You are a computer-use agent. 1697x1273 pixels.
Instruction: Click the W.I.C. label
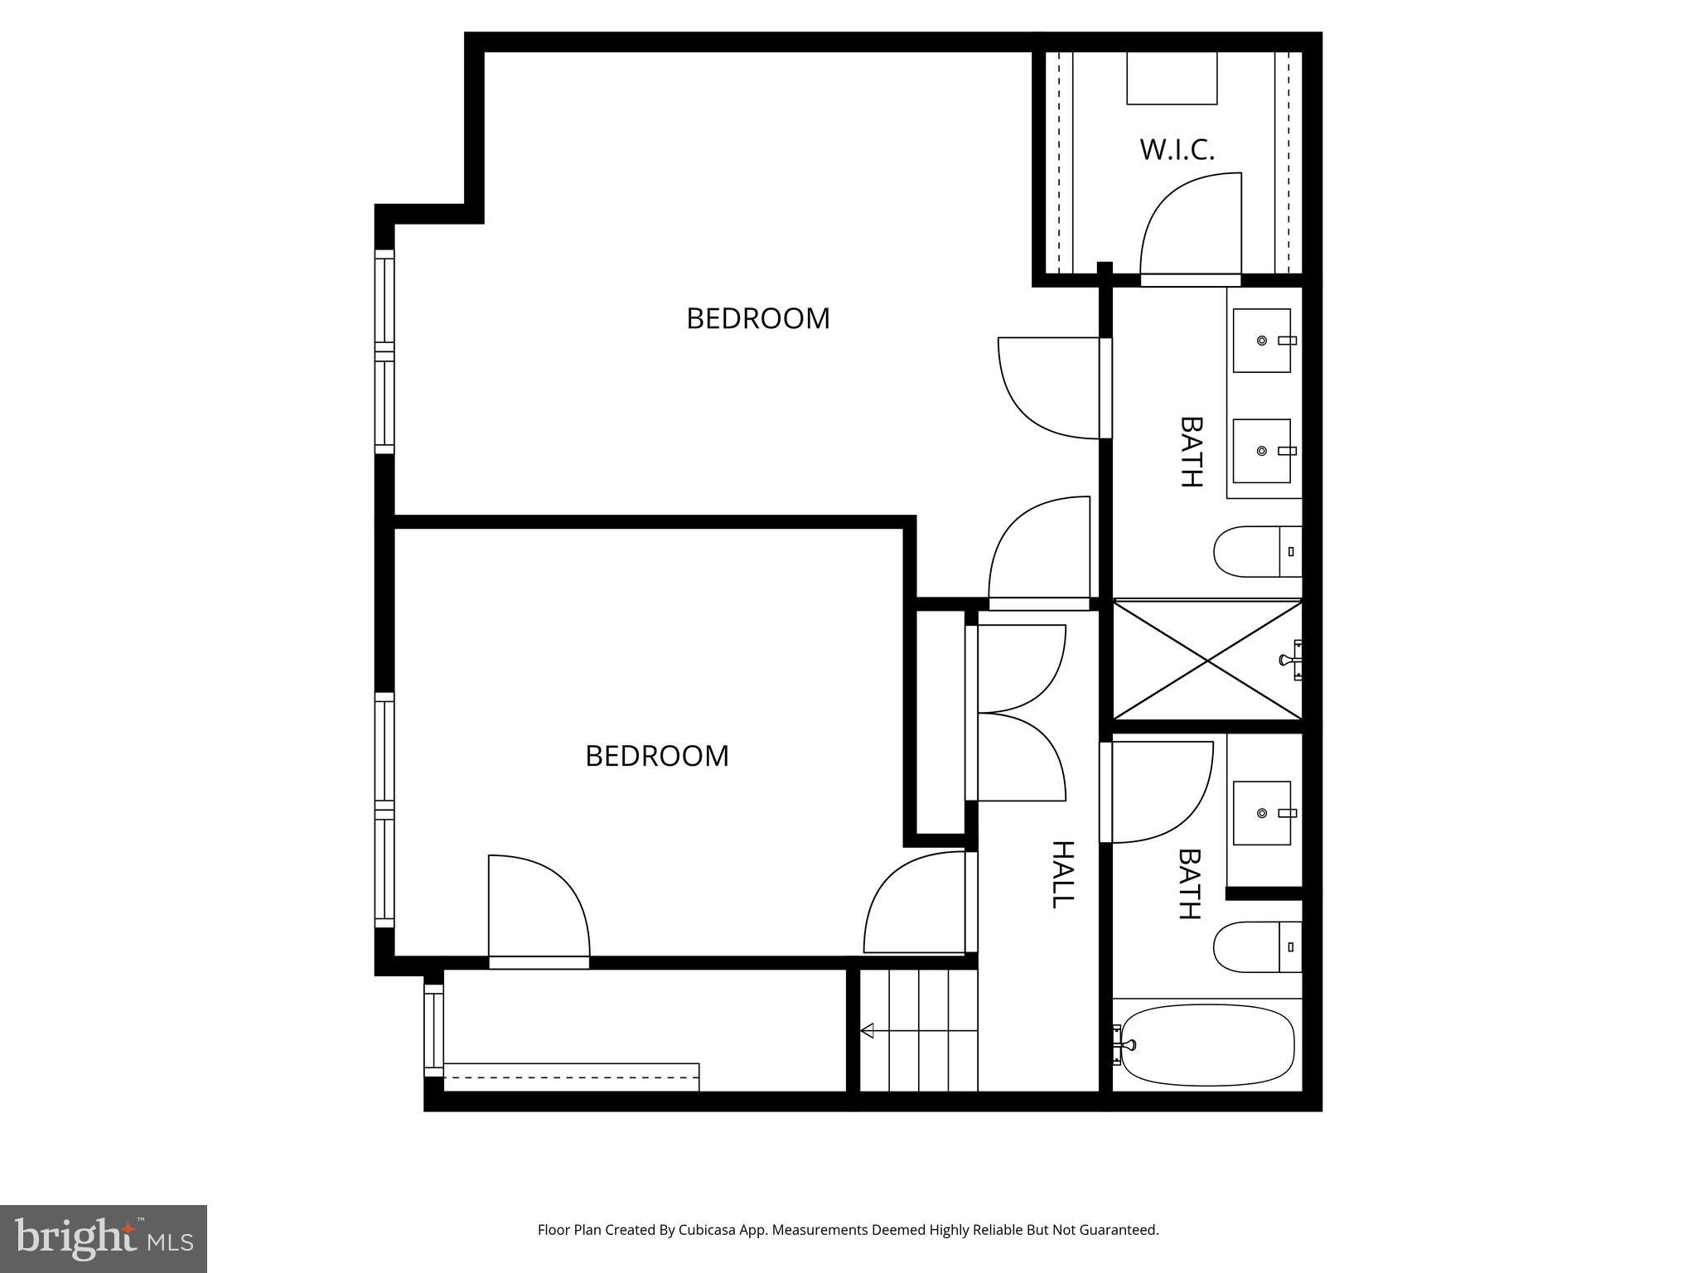[x=1177, y=150]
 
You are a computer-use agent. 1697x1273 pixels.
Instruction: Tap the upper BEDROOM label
[x=757, y=318]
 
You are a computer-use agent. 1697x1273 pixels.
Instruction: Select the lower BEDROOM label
[x=656, y=756]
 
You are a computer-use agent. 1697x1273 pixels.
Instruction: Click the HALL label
[x=1062, y=874]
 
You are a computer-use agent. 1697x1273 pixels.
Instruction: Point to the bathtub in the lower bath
[x=1206, y=1044]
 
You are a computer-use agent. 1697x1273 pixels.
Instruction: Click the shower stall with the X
[x=1206, y=660]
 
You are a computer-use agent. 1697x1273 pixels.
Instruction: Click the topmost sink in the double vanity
[x=1261, y=341]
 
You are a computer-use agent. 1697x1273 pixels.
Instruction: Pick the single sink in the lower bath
[x=1261, y=813]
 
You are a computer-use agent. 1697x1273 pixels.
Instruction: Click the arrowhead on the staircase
[x=868, y=1031]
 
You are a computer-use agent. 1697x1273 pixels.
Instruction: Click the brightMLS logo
[x=103, y=1238]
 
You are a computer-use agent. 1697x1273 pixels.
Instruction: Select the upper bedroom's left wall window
[x=384, y=351]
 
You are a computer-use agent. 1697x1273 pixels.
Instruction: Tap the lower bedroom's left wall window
[x=384, y=810]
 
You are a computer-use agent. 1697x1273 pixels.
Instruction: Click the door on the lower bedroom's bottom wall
[x=539, y=912]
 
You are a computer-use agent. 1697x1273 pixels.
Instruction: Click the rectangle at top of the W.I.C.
[x=1172, y=78]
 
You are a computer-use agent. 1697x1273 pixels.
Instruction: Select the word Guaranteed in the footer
[x=1117, y=1230]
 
